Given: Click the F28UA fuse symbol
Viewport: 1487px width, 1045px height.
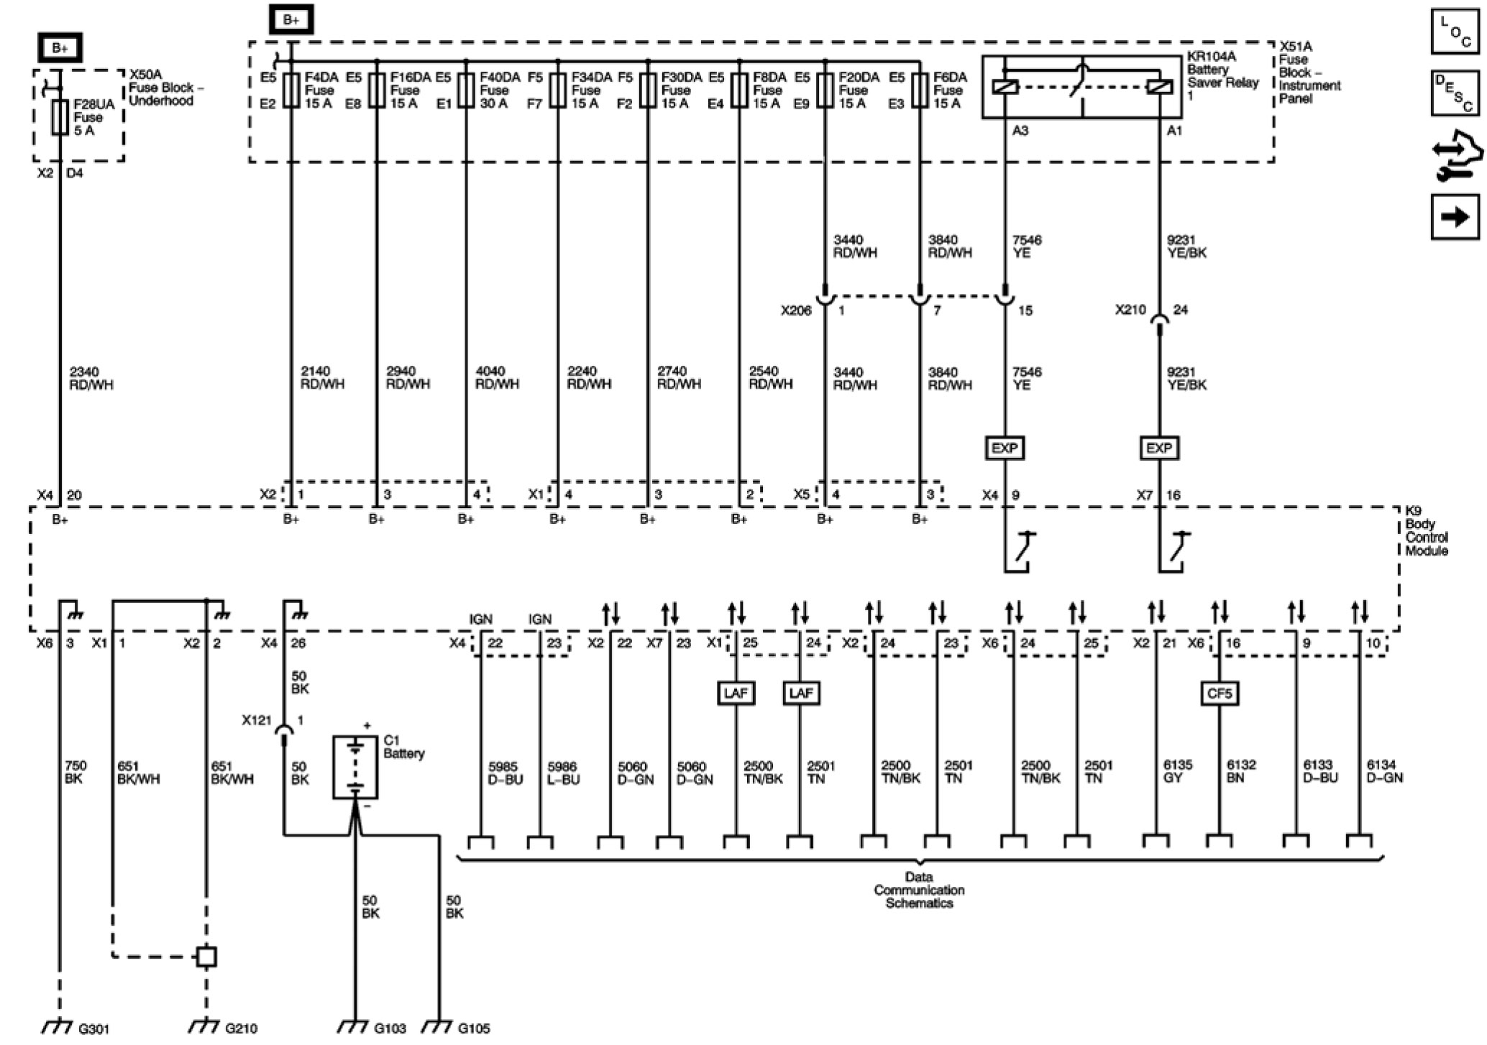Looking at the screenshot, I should click(60, 117).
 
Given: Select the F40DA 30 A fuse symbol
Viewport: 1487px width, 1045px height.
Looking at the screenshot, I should click(467, 90).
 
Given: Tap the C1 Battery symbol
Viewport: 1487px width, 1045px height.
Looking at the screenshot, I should click(355, 767).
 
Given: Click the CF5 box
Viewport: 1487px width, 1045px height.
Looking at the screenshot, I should click(1220, 694).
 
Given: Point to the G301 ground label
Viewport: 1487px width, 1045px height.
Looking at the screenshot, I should click(93, 1029).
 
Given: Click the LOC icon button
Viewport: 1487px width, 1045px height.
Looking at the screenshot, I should click(1455, 32).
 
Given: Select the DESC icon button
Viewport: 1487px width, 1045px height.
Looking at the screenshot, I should click(1455, 93).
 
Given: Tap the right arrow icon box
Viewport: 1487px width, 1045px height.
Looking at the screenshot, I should click(1455, 216).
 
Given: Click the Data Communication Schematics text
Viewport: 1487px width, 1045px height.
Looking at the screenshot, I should click(919, 890).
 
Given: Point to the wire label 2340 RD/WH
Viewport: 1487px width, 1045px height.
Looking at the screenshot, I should click(91, 378).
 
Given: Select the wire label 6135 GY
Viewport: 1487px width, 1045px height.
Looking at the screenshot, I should click(1177, 771).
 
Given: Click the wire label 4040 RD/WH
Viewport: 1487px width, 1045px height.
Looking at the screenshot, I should click(497, 377).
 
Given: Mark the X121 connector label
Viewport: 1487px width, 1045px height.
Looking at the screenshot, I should click(257, 720).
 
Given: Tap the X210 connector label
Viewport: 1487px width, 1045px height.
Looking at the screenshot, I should click(1130, 310).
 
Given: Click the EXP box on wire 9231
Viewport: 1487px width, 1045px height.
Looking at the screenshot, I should click(1158, 448).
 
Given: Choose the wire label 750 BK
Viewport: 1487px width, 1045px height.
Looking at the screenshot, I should click(75, 772).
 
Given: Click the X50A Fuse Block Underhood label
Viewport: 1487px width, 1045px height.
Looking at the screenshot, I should click(161, 88).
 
